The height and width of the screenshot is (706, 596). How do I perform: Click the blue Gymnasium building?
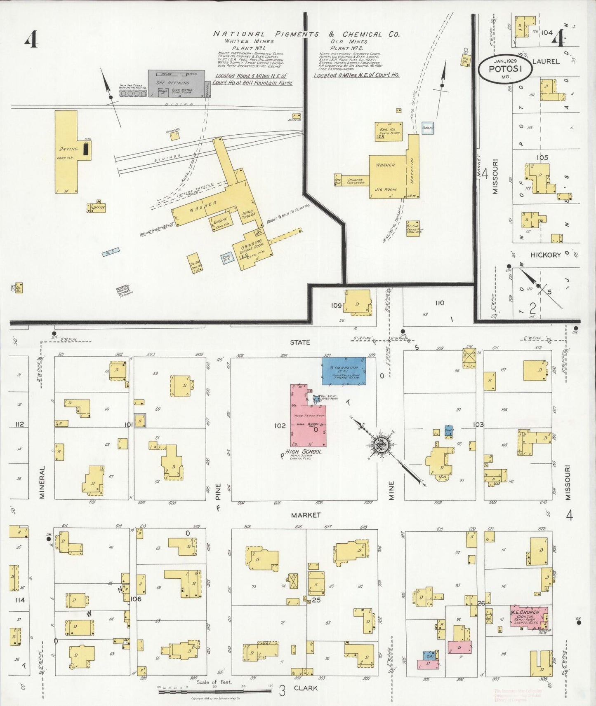coord(344,371)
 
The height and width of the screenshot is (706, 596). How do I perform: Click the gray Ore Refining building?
coord(176,83)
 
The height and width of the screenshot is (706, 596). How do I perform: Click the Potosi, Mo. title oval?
coord(505,69)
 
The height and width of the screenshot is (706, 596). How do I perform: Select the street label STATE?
coord(300,342)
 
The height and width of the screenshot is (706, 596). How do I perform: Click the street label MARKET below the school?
coord(306,515)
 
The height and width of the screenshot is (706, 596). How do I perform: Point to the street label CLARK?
coord(306,688)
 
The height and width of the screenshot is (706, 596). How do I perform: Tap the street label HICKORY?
coord(545,255)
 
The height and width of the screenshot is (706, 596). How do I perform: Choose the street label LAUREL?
coord(546,61)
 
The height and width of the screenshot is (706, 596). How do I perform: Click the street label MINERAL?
coord(42,482)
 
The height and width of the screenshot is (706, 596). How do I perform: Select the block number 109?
coord(336,306)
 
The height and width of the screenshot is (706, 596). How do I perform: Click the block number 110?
coord(440,303)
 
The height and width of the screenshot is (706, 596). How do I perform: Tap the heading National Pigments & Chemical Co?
coord(306,34)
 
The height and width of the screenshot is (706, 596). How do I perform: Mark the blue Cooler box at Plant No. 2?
coord(428,127)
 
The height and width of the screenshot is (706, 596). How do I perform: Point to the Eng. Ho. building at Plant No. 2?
coord(389,131)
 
